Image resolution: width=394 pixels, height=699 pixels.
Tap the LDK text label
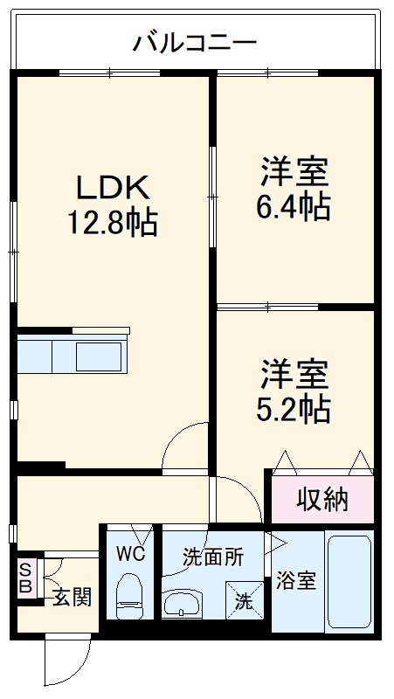coord(113,187)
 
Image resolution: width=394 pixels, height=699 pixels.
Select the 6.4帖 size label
coord(294,207)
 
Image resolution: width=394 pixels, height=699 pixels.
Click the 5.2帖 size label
coord(294,409)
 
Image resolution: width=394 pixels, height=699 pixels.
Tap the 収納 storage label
coord(321,500)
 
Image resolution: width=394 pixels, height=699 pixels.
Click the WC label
coord(130,553)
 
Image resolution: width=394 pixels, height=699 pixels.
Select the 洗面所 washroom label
coord(212,556)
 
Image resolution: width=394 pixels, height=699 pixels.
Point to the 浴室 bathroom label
coord(296,578)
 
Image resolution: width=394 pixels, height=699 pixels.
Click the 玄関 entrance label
coord(72,598)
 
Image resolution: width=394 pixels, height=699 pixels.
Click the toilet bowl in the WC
coord(129,591)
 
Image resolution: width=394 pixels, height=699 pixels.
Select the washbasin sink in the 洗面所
coord(183,602)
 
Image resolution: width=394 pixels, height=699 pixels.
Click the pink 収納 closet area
coord(321,500)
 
